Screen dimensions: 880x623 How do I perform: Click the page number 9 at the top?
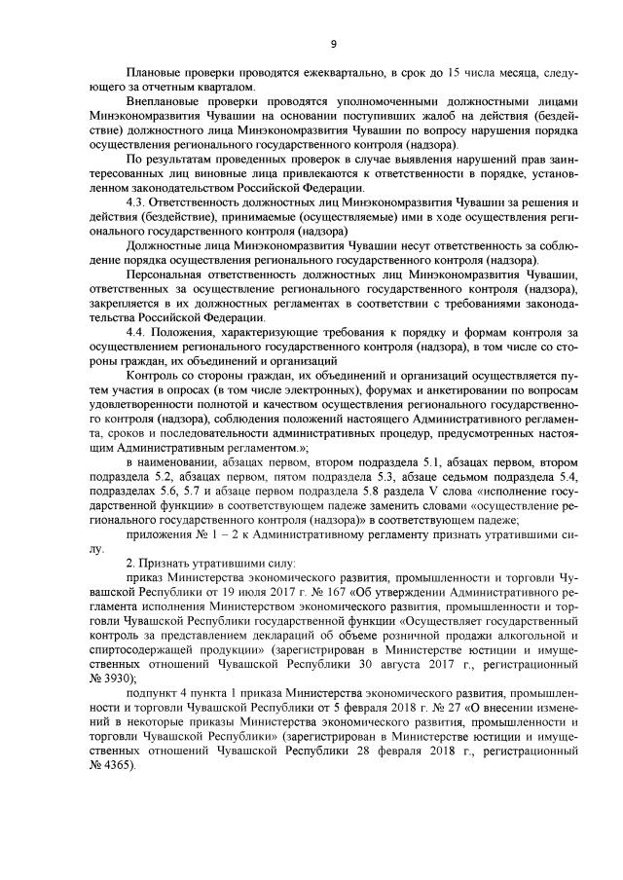click(x=333, y=43)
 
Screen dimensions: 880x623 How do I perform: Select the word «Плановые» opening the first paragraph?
click(x=154, y=74)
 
